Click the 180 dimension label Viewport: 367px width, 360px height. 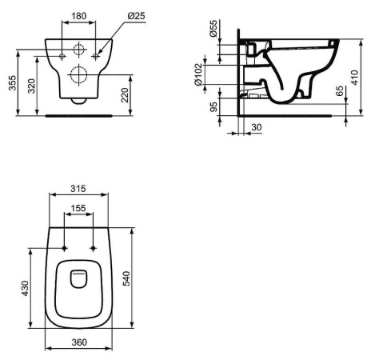(x=79, y=16)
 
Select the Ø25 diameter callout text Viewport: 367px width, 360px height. (x=136, y=16)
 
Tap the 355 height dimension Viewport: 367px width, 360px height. (x=13, y=83)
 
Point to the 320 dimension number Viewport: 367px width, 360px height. (x=32, y=86)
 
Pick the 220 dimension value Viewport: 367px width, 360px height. (x=125, y=95)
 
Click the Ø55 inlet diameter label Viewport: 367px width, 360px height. (x=213, y=29)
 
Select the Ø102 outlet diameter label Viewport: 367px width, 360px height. (x=198, y=74)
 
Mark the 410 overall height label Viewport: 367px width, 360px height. (x=355, y=78)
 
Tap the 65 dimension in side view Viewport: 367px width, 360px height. (x=340, y=91)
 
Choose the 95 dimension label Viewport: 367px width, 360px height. (x=213, y=106)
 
